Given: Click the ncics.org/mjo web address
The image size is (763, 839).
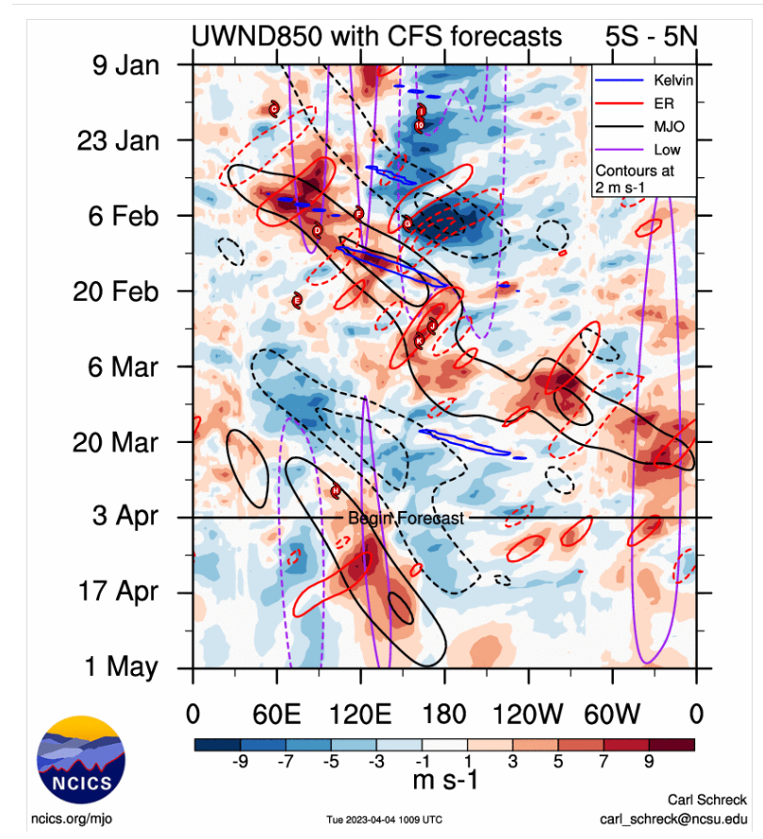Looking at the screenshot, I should coord(72,818).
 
